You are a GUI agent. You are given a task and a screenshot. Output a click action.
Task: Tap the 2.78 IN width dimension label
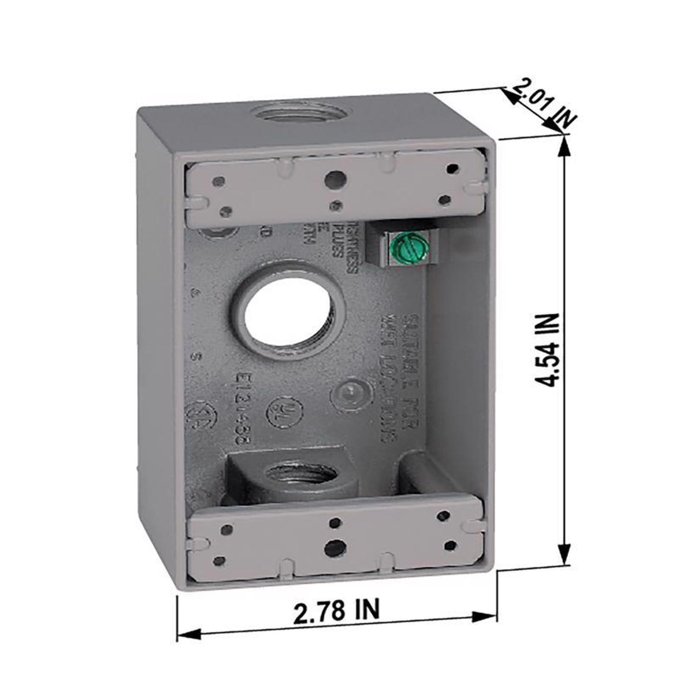coord(336,611)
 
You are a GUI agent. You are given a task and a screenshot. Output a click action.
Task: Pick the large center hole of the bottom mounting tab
coord(335,546)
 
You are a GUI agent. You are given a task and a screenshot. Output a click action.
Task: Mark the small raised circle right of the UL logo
coord(347,392)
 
